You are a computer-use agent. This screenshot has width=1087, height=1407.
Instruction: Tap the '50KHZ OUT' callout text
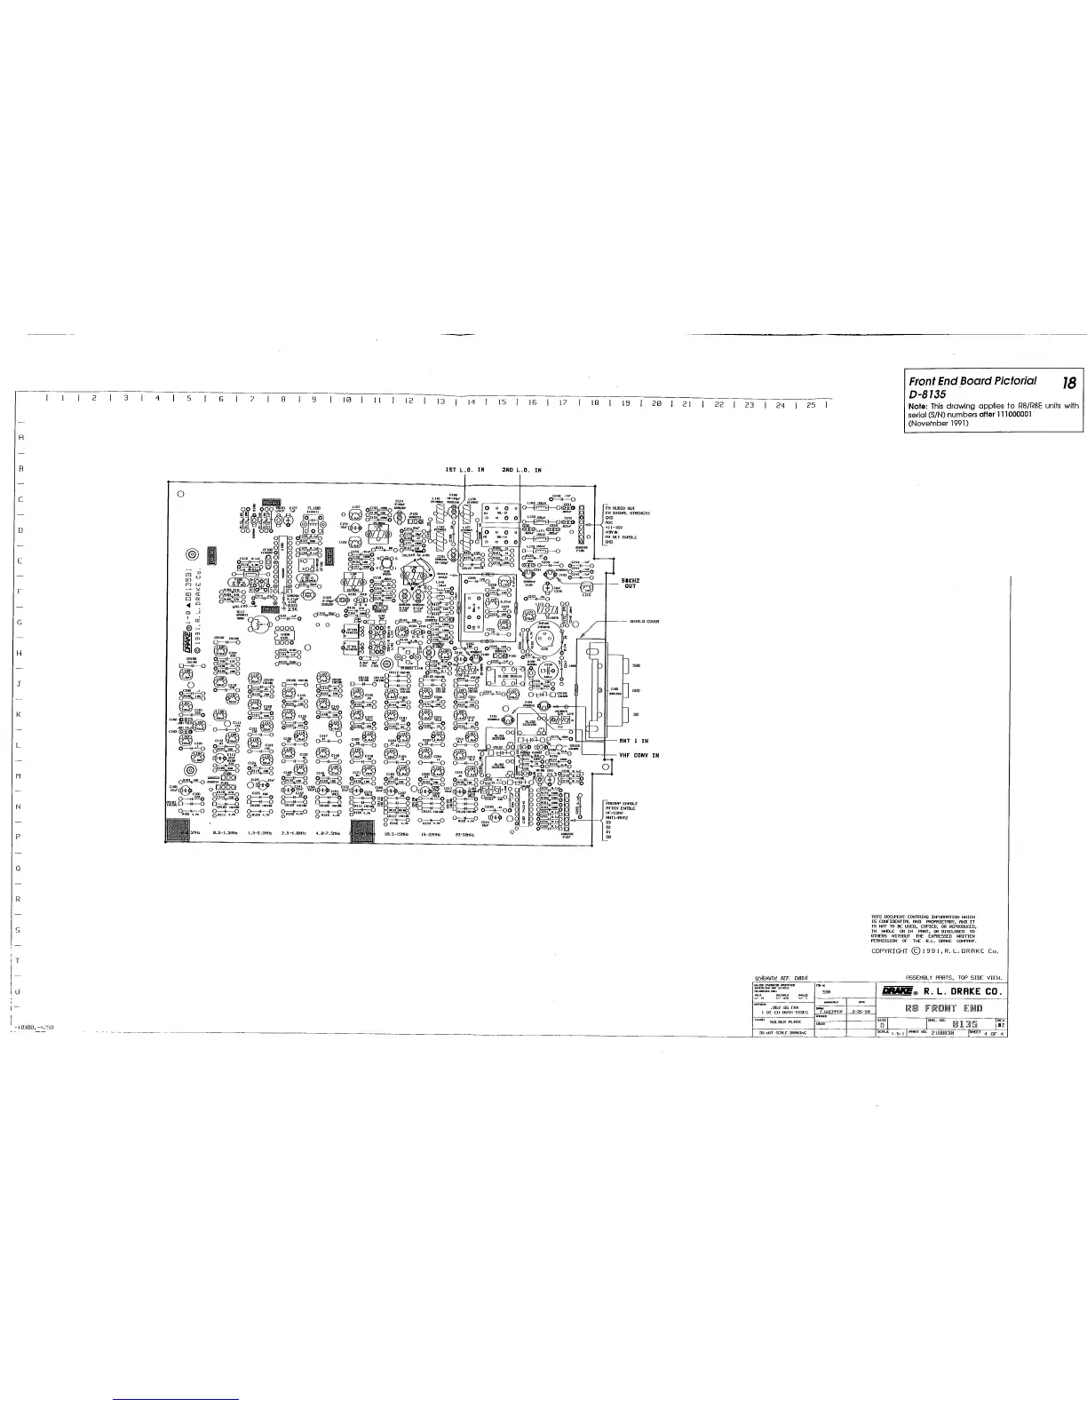pyautogui.click(x=632, y=583)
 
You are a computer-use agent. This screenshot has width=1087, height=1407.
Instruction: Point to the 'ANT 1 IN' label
pyautogui.click(x=634, y=740)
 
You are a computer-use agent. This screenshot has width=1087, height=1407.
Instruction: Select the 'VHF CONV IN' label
pyautogui.click(x=639, y=755)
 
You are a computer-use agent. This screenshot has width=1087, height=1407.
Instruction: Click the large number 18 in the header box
pyautogui.click(x=1068, y=383)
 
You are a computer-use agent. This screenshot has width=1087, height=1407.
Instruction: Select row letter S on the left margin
pyautogui.click(x=19, y=929)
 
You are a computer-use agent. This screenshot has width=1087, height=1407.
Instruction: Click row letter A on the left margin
pyautogui.click(x=19, y=437)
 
